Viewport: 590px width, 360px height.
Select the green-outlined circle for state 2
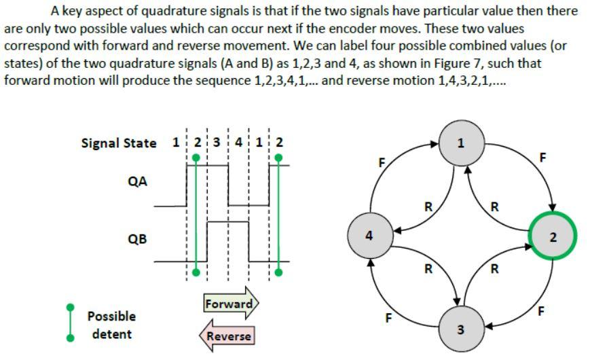(552, 237)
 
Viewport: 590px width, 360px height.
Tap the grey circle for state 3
(460, 329)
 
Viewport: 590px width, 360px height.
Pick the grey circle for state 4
(368, 236)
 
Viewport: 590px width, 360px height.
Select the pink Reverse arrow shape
(226, 336)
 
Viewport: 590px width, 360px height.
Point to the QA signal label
(137, 181)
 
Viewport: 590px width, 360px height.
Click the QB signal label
(137, 239)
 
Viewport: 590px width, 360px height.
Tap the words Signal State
(118, 143)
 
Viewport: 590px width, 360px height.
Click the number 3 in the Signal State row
(217, 143)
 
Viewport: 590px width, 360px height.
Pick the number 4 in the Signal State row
(238, 143)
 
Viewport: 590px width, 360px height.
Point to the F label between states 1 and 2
(542, 158)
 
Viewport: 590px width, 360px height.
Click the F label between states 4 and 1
(382, 163)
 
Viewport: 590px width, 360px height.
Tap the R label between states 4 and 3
(428, 268)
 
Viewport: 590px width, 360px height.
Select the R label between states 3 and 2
(494, 269)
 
